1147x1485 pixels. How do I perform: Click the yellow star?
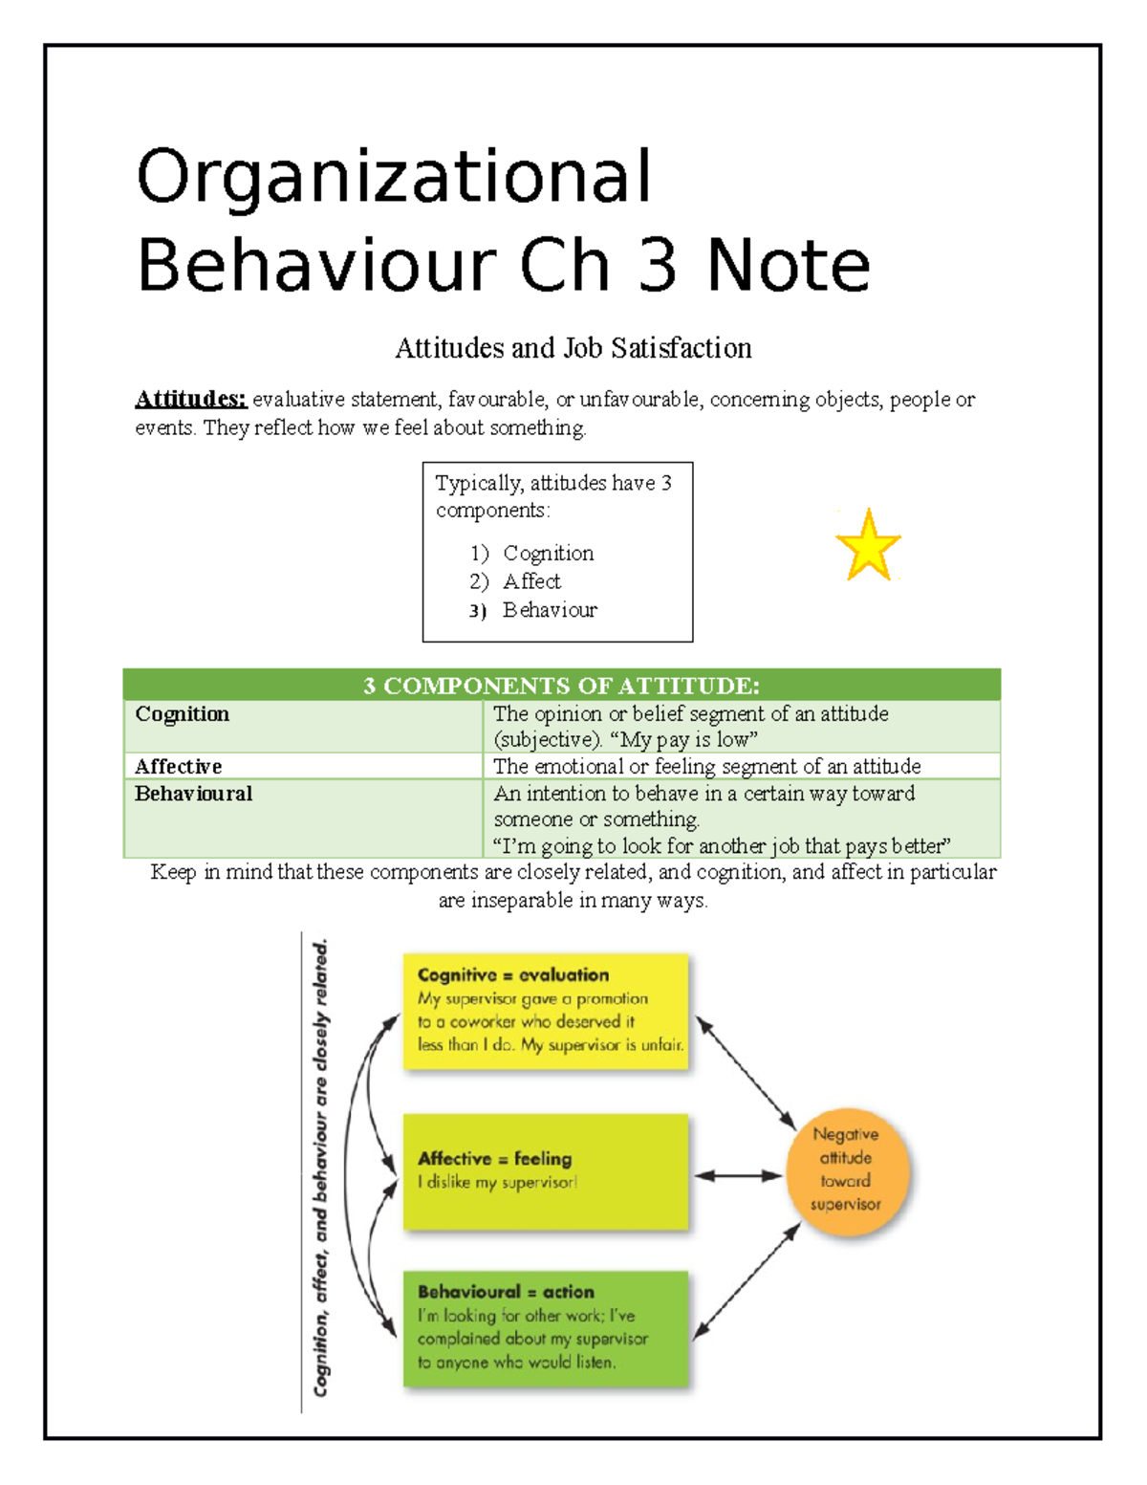868,547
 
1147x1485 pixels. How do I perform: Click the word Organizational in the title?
394,177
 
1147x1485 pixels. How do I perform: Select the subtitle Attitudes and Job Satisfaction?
573,348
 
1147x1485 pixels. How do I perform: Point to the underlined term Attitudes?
190,399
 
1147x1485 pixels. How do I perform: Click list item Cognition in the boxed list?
548,554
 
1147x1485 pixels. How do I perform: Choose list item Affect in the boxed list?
531,581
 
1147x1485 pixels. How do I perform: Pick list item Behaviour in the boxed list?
550,610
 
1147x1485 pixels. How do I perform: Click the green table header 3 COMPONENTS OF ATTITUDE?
561,686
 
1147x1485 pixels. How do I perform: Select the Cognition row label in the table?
182,714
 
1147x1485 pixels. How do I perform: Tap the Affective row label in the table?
178,766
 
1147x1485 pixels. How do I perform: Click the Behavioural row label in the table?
193,794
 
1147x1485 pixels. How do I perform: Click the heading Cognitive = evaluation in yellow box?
513,975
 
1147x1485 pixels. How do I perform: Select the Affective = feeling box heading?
494,1159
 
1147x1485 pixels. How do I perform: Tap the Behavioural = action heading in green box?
506,1292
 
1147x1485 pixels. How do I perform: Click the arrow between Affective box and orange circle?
738,1176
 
